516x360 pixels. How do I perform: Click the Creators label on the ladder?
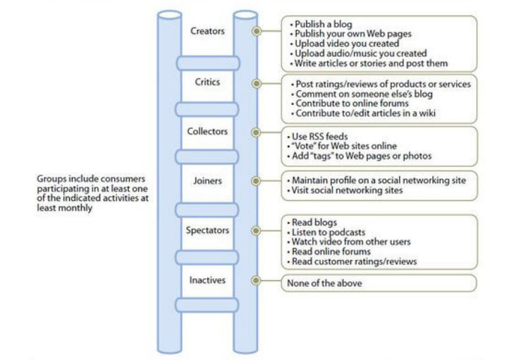click(207, 31)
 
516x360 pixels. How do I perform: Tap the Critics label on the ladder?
click(207, 82)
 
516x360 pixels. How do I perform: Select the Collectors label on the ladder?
click(207, 131)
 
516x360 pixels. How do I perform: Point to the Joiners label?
click(207, 180)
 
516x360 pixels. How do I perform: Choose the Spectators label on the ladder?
click(207, 230)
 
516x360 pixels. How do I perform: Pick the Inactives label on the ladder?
click(207, 280)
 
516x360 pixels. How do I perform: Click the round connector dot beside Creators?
click(257, 31)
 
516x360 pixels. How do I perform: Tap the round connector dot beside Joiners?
click(256, 181)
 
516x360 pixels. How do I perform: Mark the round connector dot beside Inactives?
click(256, 280)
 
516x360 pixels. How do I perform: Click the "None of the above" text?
click(324, 283)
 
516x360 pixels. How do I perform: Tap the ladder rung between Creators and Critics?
click(208, 63)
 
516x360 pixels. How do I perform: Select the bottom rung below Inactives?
click(207, 305)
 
